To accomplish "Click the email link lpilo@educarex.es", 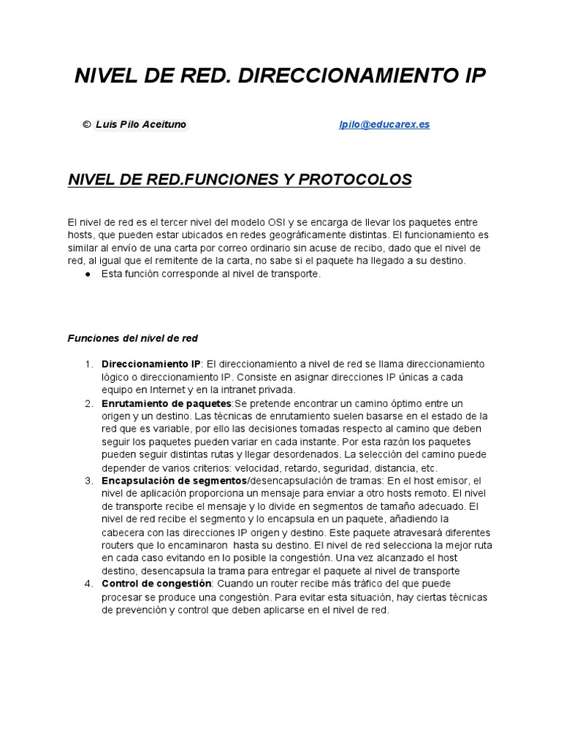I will click(384, 124).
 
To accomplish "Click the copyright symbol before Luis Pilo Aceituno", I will click(87, 124).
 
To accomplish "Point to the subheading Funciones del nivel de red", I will click(132, 338).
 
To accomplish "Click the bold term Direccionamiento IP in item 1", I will click(151, 364).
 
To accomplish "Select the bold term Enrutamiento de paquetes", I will click(167, 403).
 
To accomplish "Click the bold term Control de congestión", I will click(156, 584).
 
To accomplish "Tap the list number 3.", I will click(88, 481).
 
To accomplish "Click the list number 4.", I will click(88, 584).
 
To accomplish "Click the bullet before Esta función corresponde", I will click(87, 274).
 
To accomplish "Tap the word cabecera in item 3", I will click(123, 533).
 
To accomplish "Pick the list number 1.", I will click(88, 364).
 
